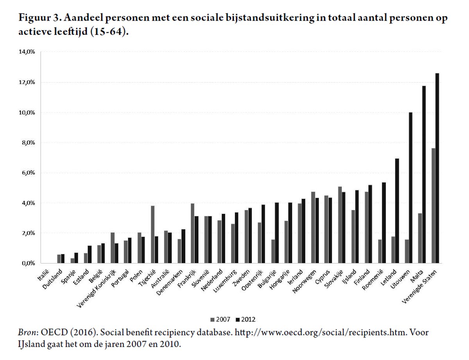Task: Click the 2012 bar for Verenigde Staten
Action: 437,168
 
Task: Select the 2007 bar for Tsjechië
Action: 153,235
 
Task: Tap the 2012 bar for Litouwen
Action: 410,188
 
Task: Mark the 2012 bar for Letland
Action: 397,211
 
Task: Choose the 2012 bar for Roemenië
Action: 384,223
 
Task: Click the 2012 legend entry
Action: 247,319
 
